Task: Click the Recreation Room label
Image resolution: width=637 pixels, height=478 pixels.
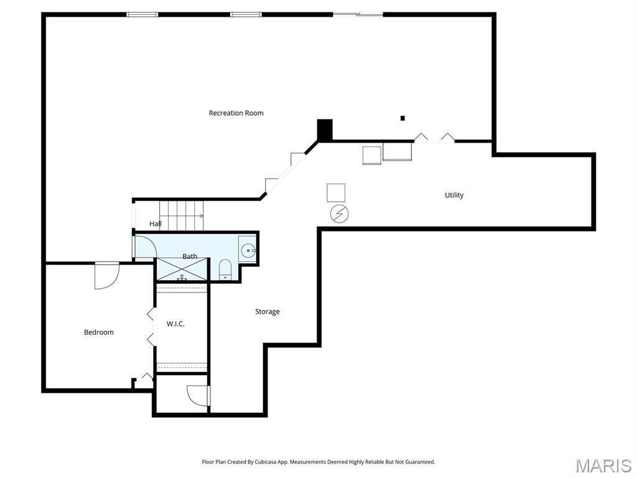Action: point(236,113)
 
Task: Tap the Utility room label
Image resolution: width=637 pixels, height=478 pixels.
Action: point(453,195)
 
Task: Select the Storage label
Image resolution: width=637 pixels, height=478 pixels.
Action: point(267,312)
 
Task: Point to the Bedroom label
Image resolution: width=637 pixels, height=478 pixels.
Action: point(99,332)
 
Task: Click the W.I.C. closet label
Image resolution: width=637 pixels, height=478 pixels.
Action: point(175,324)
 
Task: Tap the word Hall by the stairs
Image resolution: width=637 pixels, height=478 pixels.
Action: point(155,223)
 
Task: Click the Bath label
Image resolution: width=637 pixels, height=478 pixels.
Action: point(190,256)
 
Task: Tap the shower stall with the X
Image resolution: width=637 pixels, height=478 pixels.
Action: point(182,269)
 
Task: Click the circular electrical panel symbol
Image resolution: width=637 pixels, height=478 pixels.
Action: point(340,214)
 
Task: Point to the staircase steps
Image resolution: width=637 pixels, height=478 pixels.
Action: point(181,215)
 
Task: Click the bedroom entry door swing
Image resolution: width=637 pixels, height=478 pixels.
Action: point(107,276)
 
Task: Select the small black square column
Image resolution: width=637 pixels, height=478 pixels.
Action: point(402,118)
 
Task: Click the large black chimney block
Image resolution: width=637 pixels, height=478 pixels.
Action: point(325,129)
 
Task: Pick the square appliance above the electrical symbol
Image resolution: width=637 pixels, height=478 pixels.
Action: point(336,193)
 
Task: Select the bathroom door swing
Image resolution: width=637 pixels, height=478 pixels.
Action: point(146,246)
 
